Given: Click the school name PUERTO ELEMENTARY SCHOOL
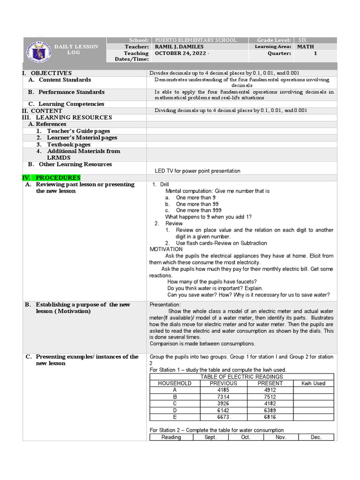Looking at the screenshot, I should pyautogui.click(x=195, y=40).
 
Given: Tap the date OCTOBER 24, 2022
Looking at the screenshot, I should pyautogui.click(x=180, y=53).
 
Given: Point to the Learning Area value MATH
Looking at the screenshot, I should pyautogui.click(x=306, y=47).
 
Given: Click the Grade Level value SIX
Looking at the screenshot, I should pyautogui.click(x=302, y=40).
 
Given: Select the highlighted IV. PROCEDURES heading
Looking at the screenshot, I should pyautogui.click(x=52, y=178).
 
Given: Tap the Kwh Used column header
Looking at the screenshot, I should pyautogui.click(x=313, y=383).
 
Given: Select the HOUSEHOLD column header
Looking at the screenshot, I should pyautogui.click(x=175, y=383).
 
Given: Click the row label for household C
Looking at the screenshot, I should pyautogui.click(x=175, y=404).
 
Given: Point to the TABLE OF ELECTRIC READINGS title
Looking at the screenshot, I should pyautogui.click(x=241, y=377).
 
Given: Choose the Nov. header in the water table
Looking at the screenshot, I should pyautogui.click(x=281, y=437).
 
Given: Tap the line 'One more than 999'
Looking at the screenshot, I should pyautogui.click(x=198, y=210).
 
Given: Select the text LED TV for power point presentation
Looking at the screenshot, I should pyautogui.click(x=197, y=171).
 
